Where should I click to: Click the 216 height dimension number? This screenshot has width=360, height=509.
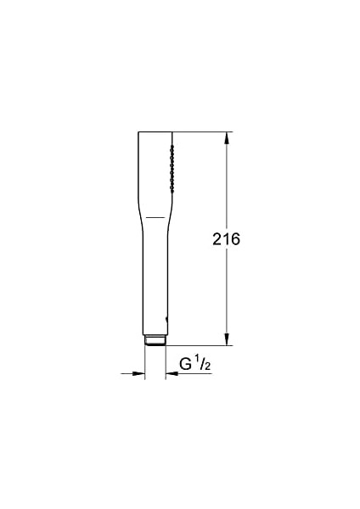226,240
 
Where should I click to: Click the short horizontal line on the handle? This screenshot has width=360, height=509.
153,217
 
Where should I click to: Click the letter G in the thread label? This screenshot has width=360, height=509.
184,366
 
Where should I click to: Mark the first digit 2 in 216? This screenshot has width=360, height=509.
217,240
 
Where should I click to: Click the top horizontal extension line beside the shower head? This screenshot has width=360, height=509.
200,131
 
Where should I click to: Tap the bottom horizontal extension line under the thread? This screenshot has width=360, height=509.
200,346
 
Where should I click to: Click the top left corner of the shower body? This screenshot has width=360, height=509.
138,132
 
